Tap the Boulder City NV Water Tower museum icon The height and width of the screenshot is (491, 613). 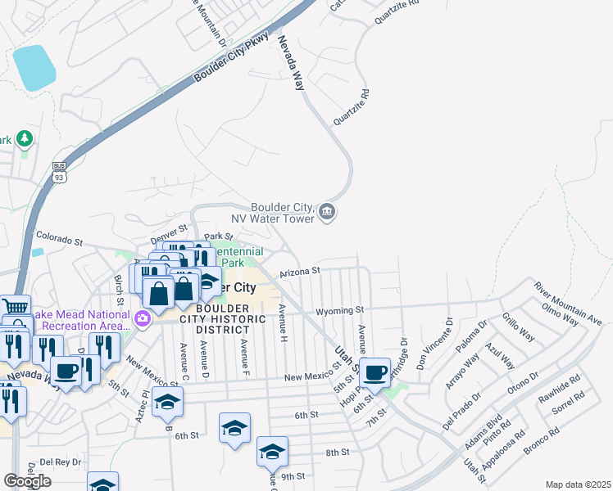(x=327, y=212)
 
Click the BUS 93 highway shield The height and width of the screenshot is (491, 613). (x=59, y=171)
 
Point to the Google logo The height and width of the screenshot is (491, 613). (x=27, y=481)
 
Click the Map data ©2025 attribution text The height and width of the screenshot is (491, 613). (x=579, y=484)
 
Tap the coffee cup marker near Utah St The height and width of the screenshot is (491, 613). (x=375, y=373)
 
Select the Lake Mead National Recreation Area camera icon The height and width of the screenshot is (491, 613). (x=142, y=318)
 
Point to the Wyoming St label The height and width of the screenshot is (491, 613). (x=339, y=311)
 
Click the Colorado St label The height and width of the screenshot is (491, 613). (x=60, y=242)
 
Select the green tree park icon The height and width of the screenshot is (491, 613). (x=25, y=137)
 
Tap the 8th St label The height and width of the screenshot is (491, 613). (x=337, y=452)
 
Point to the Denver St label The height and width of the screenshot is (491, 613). (x=170, y=232)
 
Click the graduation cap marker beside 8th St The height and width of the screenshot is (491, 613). (x=272, y=450)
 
